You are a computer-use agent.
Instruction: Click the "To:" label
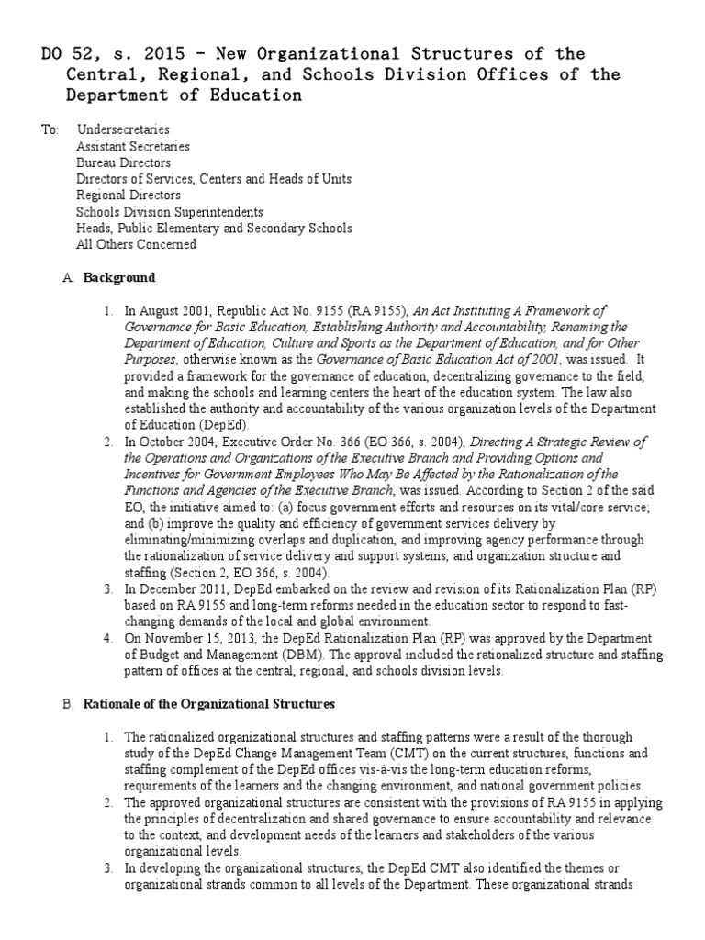point(50,129)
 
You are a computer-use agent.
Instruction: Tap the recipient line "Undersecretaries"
point(123,129)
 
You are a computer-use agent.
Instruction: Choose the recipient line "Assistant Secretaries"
point(133,146)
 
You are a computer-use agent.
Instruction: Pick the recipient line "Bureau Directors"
point(123,162)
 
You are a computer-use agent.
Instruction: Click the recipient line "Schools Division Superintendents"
point(170,212)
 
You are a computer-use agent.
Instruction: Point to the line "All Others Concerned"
point(136,245)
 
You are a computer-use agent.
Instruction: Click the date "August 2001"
point(175,311)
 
